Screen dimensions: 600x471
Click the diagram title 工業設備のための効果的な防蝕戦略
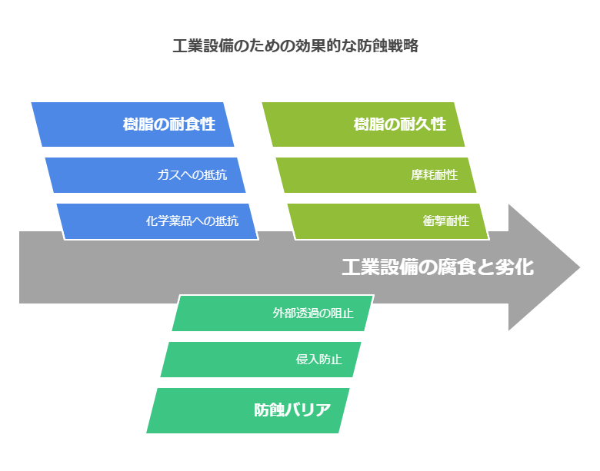295,46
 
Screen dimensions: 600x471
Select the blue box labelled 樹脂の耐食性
132,124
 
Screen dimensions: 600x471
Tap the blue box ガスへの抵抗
145,175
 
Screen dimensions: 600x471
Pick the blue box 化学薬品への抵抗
158,221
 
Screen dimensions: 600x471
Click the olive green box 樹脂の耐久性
363,124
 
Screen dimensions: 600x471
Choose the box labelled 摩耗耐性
376,175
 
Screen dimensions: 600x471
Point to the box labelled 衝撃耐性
388,221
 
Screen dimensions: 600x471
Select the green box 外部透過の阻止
273,313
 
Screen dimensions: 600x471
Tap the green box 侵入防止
261,360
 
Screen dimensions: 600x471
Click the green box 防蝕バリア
248,410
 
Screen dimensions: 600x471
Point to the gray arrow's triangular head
543,267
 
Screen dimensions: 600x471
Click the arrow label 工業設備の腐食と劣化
438,267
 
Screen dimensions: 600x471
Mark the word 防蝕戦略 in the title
388,46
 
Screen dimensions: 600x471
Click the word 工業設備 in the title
203,46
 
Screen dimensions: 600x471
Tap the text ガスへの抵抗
192,175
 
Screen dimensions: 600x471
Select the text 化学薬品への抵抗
192,221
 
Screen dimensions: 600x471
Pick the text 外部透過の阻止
313,313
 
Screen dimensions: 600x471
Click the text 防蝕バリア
292,410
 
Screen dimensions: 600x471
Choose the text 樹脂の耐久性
400,124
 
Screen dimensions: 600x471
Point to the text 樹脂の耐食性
169,124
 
